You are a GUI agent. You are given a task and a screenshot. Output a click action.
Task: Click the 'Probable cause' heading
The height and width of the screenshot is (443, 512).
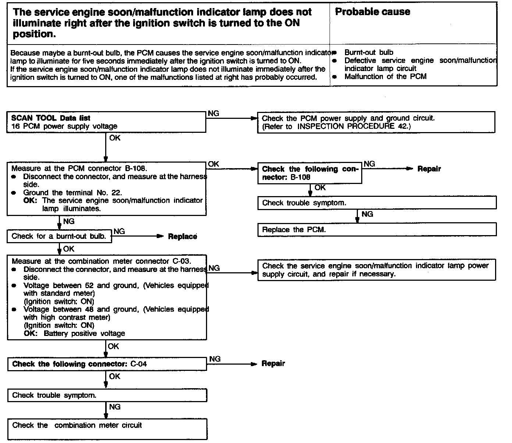coord(372,12)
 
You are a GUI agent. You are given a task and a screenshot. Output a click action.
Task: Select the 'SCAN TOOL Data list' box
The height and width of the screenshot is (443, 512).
coord(106,122)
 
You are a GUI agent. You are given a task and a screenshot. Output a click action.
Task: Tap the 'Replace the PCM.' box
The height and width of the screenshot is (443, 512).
coord(377,230)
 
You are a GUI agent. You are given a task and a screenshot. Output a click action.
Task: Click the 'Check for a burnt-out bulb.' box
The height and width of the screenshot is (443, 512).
coord(59,236)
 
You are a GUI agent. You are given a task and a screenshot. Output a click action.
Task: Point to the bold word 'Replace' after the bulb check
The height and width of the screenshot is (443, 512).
coord(182,237)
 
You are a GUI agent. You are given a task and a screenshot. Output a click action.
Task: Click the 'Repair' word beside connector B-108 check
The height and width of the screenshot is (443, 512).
coord(429,169)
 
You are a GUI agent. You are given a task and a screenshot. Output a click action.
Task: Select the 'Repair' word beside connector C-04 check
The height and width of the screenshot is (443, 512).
coord(273,364)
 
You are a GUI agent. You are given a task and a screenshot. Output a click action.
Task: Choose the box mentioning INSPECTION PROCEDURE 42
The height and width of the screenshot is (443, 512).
coord(376,122)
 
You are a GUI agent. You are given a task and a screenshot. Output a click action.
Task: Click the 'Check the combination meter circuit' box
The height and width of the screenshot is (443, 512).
coord(107,428)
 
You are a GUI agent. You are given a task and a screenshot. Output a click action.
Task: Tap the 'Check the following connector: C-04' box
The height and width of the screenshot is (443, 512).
coord(107,364)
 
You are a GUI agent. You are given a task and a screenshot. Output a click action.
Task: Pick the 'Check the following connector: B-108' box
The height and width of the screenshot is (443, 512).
coord(310,173)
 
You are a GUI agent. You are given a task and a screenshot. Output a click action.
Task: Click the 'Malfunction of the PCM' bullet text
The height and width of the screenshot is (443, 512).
coord(385,77)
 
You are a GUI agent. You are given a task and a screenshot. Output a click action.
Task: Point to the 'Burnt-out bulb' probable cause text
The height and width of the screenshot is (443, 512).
coord(369,53)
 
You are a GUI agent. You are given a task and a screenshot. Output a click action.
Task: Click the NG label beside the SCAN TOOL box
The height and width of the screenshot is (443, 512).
coord(213,113)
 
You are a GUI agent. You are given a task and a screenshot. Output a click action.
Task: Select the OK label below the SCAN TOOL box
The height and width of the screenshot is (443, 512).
coord(115,138)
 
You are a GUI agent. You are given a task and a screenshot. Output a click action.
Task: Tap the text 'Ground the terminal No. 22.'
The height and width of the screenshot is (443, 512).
coord(72,192)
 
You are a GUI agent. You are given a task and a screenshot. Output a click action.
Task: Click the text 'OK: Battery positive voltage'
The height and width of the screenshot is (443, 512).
coord(74,333)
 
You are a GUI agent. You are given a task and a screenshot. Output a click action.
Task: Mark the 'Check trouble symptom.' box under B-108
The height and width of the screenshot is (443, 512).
coord(377,203)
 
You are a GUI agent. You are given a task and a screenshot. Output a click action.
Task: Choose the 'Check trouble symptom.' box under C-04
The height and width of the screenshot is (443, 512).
coord(107,396)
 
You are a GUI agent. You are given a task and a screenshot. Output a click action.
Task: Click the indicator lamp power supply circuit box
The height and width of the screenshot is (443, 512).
coord(376,270)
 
